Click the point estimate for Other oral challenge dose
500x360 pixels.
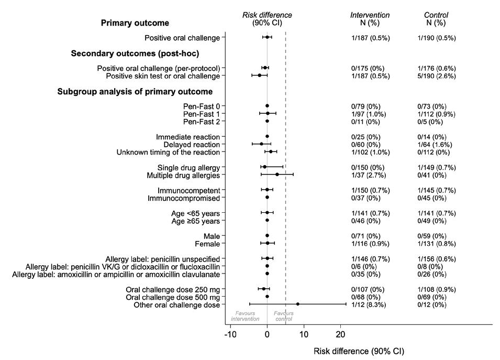[297, 304]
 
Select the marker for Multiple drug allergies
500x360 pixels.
[277, 174]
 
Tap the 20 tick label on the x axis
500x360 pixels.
[341, 335]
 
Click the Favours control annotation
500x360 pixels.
[284, 316]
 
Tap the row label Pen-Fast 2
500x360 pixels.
[202, 122]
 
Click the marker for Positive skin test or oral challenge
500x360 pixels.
[259, 75]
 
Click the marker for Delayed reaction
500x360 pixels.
[261, 144]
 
